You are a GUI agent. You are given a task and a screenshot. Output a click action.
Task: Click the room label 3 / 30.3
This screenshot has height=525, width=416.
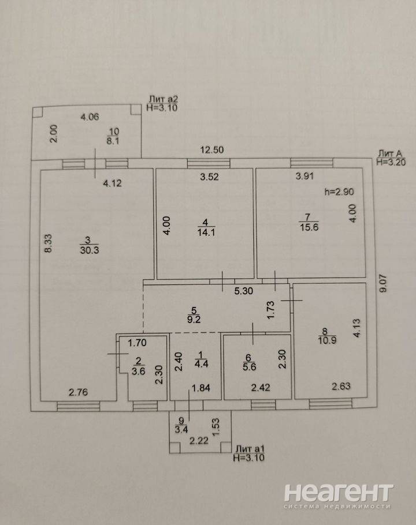[90, 245]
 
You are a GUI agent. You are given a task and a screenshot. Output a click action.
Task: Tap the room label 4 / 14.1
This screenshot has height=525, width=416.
[206, 227]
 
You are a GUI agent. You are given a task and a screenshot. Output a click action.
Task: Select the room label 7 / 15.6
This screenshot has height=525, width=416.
[309, 222]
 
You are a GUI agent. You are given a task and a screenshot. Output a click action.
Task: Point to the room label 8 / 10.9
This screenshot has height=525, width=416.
[327, 336]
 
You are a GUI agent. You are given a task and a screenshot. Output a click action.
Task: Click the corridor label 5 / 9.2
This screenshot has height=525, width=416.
[194, 315]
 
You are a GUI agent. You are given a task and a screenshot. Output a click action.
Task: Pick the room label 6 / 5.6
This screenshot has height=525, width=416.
[249, 362]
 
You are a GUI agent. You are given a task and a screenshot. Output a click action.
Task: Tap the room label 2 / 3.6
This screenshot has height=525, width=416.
[139, 366]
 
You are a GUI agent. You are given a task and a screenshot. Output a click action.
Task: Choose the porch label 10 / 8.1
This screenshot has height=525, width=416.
[113, 136]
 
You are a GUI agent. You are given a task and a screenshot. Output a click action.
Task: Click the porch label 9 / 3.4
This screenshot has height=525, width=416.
[181, 425]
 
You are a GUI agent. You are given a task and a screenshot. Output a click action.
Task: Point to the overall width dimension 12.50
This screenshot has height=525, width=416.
[212, 149]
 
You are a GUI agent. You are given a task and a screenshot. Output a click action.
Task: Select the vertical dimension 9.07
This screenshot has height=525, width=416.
[383, 284]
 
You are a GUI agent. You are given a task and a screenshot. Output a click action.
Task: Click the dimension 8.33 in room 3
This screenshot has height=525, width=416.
[49, 243]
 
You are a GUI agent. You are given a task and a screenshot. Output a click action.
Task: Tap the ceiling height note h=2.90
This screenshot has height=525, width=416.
[339, 192]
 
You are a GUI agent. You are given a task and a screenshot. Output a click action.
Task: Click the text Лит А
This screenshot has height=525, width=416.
[390, 153]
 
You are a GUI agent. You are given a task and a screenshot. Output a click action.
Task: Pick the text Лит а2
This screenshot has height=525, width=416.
[163, 99]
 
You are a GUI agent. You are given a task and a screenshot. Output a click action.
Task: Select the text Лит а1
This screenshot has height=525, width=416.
[250, 449]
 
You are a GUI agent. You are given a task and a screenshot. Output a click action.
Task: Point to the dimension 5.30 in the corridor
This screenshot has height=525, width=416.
[244, 291]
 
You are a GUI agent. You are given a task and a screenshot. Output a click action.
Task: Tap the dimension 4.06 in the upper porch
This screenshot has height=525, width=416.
[90, 117]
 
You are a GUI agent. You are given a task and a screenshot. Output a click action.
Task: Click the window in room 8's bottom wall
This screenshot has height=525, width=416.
[330, 403]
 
